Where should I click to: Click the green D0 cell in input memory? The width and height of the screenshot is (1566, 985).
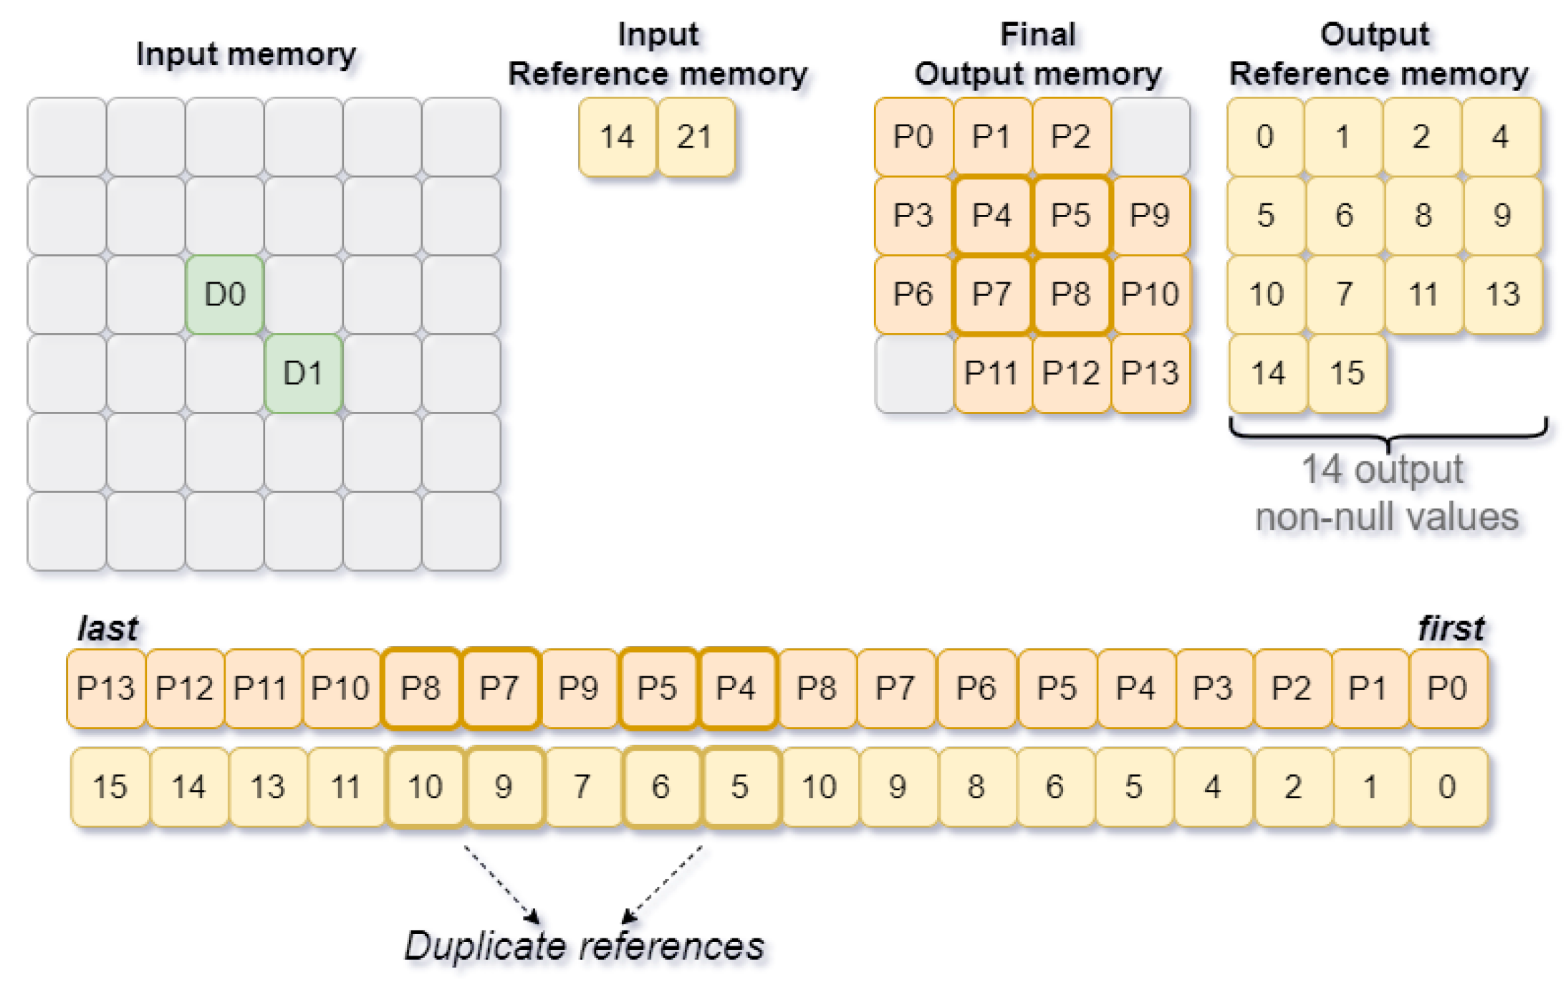[x=224, y=294]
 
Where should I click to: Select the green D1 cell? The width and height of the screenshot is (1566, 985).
[x=303, y=373]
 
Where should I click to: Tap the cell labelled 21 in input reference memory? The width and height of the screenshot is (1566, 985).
[x=696, y=137]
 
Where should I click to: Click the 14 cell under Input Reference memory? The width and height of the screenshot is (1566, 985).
[x=617, y=137]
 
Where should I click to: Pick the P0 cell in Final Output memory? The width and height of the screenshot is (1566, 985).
[x=913, y=137]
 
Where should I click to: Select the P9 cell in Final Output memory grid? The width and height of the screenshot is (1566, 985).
[x=1150, y=216]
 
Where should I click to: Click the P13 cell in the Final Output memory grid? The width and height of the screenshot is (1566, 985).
[x=1150, y=373]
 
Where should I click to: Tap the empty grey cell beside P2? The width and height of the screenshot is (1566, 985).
[x=1150, y=137]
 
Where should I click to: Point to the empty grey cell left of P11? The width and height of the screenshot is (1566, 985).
[x=913, y=373]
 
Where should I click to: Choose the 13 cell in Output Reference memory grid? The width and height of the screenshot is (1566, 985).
[x=1502, y=294]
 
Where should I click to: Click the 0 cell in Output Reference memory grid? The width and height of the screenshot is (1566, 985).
[x=1265, y=137]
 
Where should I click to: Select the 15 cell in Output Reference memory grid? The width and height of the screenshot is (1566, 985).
[x=1347, y=373]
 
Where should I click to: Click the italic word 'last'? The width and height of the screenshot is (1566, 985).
[x=107, y=628]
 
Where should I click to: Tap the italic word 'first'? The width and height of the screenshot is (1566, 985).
[x=1450, y=628]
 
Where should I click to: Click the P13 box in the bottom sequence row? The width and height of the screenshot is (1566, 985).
[x=106, y=688]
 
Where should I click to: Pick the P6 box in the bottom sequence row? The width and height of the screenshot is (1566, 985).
[x=976, y=688]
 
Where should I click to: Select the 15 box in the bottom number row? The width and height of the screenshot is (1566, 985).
[x=110, y=787]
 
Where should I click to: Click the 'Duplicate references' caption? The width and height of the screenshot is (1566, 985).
[x=584, y=946]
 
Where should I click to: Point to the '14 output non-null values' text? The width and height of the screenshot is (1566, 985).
[x=1385, y=493]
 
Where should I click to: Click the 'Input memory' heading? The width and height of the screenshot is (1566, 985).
[x=246, y=54]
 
